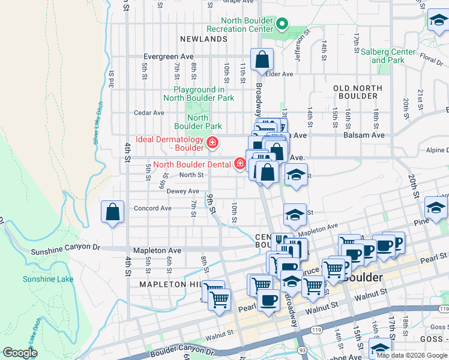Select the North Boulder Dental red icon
[240, 164]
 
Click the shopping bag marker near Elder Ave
[262, 59]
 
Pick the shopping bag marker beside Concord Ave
[112, 212]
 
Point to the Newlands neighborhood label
[204, 39]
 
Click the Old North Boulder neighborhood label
[358, 92]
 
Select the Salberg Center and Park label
[388, 56]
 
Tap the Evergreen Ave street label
[167, 57]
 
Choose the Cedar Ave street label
[149, 112]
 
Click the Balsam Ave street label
[364, 135]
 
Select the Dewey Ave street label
[182, 191]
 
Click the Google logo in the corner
[20, 353]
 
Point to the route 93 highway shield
[301, 350]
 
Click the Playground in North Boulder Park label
[199, 93]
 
